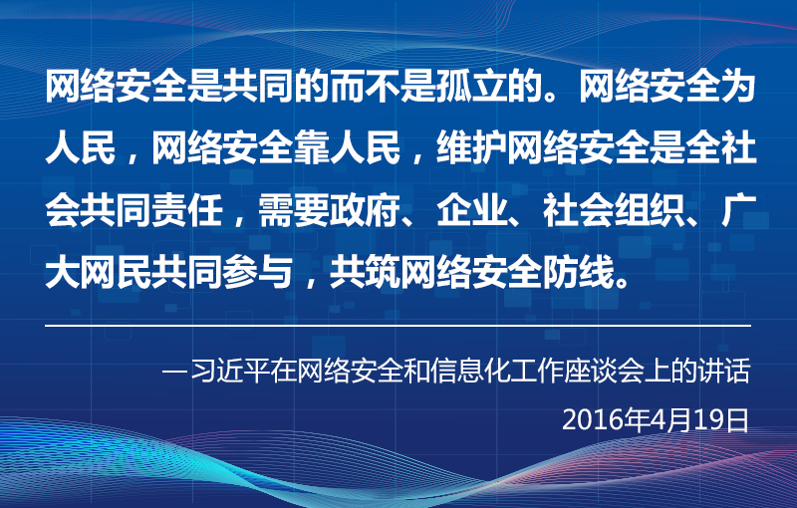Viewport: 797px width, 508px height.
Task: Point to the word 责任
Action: [187, 210]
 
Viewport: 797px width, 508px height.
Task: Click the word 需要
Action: [294, 210]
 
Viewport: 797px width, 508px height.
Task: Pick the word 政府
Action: [365, 210]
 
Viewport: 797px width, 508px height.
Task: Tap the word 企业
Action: [471, 210]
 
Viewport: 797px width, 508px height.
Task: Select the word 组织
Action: [650, 210]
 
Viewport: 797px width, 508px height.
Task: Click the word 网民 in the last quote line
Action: [117, 272]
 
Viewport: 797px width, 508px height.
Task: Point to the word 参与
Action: [258, 272]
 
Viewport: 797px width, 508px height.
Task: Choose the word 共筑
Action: [365, 272]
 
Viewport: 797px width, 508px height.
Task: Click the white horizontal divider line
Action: [398, 325]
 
